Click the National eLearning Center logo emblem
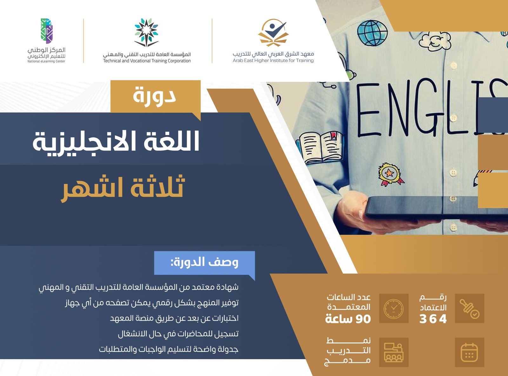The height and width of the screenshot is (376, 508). pos(46,31)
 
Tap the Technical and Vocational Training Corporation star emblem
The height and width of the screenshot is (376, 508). pos(146,32)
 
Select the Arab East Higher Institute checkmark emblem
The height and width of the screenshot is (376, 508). pos(273,32)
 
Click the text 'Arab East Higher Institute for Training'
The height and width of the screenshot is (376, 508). pos(273,61)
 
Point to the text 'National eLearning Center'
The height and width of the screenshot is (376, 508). pos(46,61)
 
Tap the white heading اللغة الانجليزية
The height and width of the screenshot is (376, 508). pos(116,142)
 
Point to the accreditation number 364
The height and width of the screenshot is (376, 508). pos(433,319)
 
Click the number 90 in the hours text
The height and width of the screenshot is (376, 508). pos(363,319)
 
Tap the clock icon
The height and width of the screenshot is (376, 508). pos(394,309)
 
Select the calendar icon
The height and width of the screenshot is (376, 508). pos(469,352)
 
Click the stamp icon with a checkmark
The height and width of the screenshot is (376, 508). pos(469,309)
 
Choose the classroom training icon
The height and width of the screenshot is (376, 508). pos(394,352)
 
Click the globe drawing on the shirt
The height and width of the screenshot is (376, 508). pos(372,33)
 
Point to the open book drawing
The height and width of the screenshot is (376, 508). pos(321,147)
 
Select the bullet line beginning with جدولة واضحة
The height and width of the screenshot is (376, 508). pos(169,349)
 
